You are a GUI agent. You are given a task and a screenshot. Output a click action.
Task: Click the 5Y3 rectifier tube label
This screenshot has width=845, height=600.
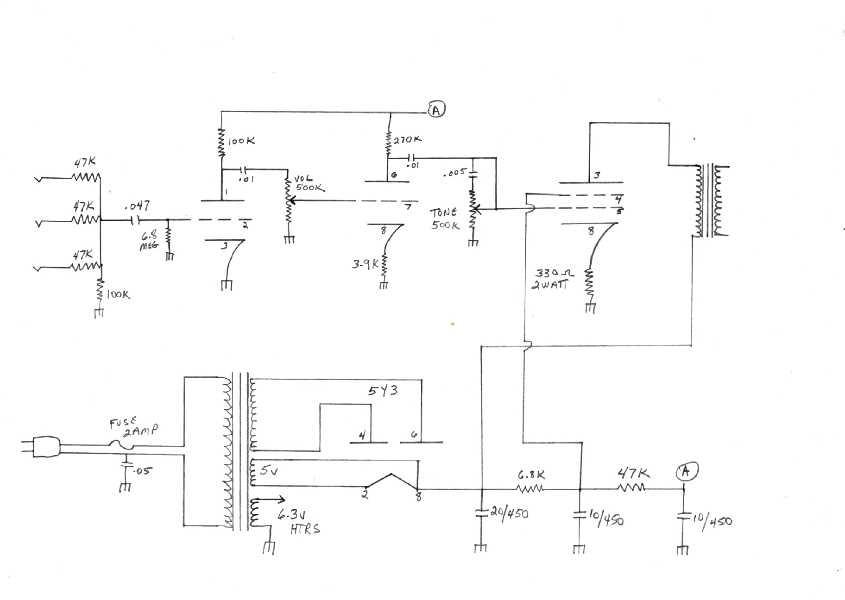[383, 391]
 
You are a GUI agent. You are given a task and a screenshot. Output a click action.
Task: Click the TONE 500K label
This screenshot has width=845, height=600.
[445, 219]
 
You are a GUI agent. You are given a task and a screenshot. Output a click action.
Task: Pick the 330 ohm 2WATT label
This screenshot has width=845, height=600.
[552, 279]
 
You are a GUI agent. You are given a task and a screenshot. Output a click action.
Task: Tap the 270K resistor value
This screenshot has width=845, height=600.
[408, 139]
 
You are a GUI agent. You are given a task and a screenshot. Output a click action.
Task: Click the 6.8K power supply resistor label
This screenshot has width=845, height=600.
[531, 475]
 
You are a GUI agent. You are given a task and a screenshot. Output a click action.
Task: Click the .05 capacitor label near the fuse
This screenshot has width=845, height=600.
[143, 471]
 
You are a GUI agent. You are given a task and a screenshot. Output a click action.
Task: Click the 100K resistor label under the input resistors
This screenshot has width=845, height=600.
[118, 294]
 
